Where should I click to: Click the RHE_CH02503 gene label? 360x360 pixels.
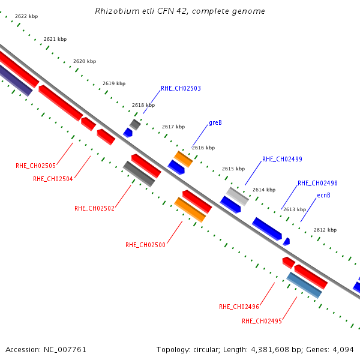(181, 88)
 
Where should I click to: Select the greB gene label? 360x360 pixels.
(215, 122)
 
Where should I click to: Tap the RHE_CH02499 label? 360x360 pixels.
(282, 159)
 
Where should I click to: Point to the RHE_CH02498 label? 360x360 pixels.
(317, 183)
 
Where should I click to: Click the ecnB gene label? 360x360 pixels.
(323, 195)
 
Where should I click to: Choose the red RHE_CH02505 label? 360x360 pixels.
(35, 166)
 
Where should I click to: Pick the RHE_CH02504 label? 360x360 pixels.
(53, 179)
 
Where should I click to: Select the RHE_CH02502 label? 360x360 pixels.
(94, 208)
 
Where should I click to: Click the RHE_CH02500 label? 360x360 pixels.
(145, 245)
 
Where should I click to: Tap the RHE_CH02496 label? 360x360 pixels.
(239, 307)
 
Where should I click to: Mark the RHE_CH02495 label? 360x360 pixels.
(262, 321)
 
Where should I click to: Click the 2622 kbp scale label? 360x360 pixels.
(26, 16)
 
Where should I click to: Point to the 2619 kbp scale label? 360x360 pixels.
(114, 83)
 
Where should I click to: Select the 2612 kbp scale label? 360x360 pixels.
(325, 230)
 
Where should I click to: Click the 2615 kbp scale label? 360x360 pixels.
(233, 169)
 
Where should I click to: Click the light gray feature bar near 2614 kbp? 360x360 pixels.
(238, 196)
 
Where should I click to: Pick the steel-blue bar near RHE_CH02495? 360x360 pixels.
(304, 285)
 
